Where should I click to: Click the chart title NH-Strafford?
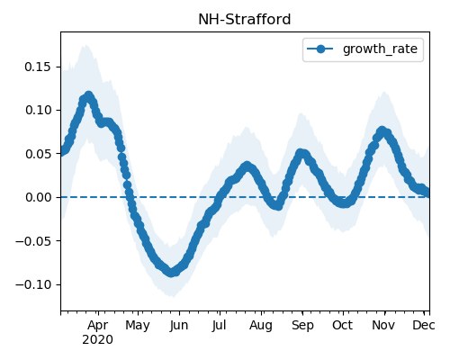245,20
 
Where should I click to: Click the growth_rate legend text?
380,49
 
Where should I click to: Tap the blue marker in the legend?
320,49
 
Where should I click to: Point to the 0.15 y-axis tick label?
38,67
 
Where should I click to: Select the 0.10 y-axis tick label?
38,110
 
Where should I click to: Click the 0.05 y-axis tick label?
38,154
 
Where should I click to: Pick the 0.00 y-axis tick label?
38,197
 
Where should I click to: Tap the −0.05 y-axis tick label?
33,241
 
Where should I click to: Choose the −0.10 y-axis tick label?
33,284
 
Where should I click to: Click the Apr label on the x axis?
98,326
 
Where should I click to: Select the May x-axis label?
138,326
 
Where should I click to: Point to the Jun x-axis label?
179,326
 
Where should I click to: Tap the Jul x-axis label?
219,326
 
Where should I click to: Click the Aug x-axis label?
261,326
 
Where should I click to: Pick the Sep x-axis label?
302,326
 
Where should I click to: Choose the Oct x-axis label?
343,326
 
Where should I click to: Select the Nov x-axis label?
383,326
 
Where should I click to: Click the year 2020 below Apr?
98,340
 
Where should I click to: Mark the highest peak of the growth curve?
88,96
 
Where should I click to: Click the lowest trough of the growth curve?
172,273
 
